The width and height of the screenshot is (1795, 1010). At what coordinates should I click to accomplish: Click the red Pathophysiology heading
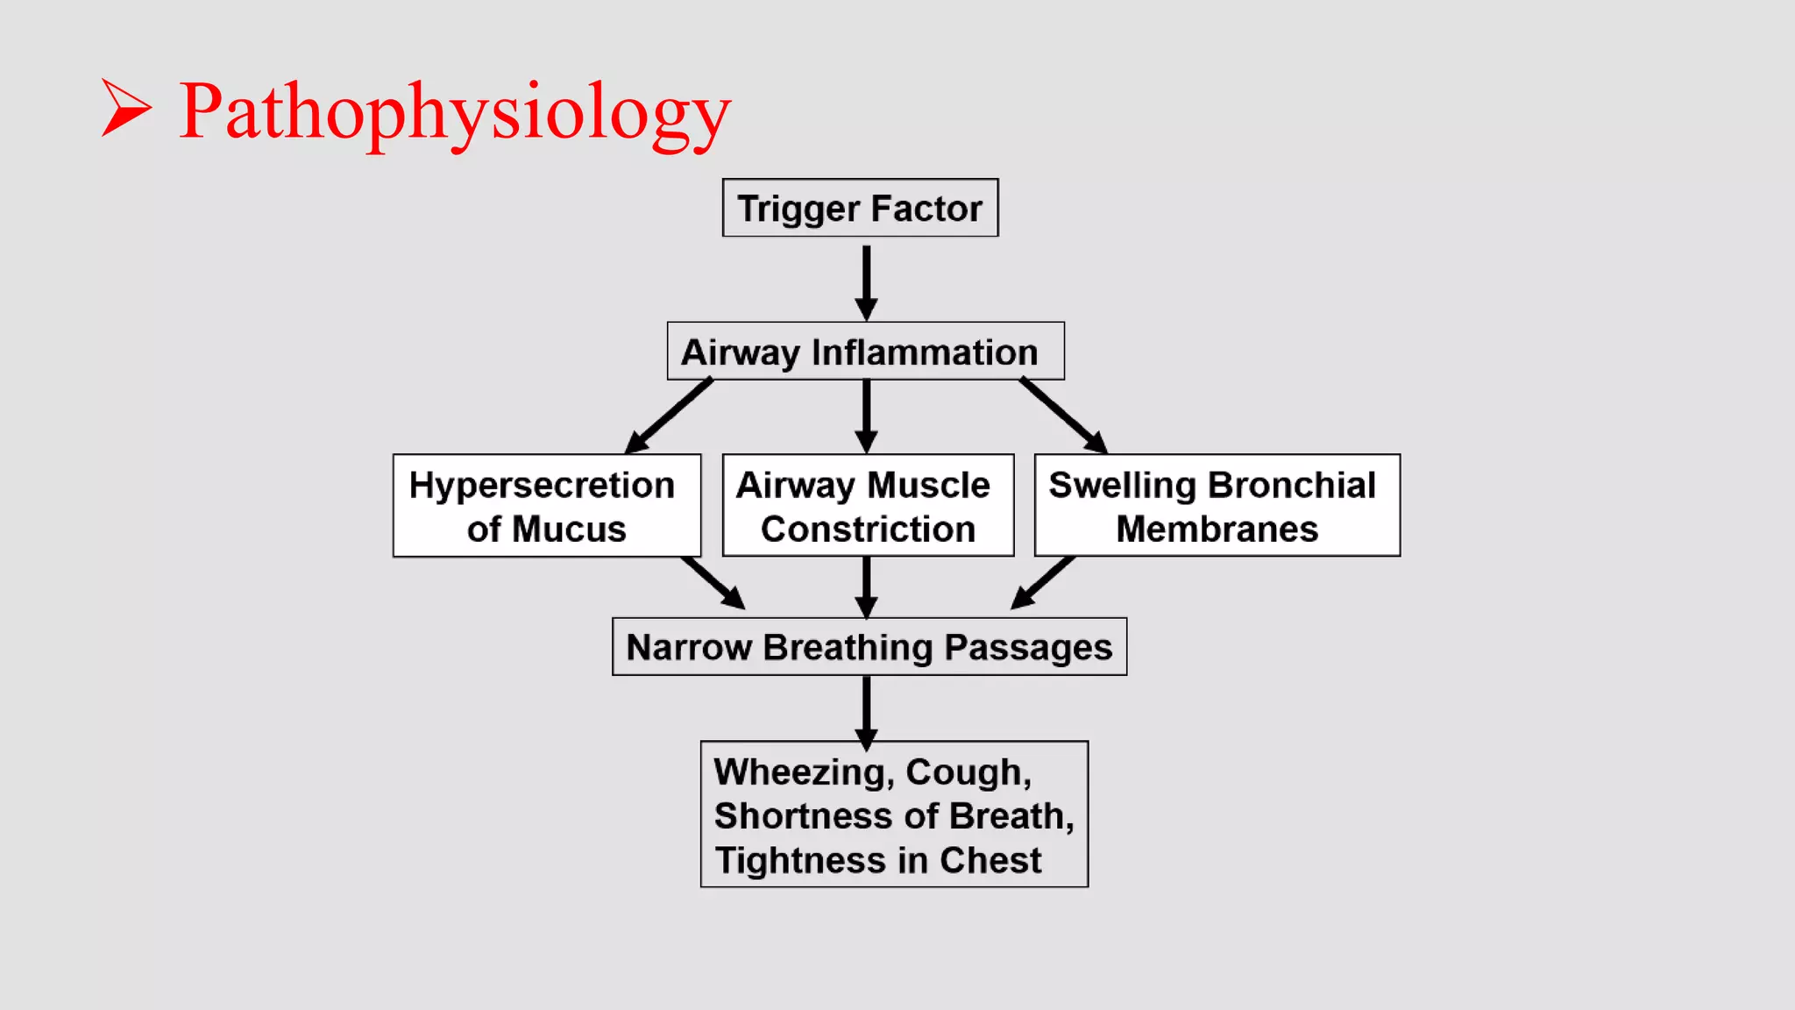coord(455,112)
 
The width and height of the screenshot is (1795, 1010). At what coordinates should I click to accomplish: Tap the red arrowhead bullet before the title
coord(126,108)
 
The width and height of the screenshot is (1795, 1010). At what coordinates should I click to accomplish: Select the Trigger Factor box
coord(860,208)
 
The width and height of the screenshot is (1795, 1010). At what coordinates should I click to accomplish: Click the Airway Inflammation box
coord(865,352)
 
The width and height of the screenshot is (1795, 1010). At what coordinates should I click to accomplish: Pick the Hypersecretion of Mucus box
coord(546,506)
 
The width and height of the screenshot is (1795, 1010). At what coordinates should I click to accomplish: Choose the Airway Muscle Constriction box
coord(868,506)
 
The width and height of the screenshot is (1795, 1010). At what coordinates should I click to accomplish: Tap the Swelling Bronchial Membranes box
coord(1217,506)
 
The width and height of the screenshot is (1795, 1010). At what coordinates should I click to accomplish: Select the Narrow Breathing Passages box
coord(869,647)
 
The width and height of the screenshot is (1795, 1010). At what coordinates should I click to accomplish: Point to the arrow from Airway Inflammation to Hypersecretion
coord(668,416)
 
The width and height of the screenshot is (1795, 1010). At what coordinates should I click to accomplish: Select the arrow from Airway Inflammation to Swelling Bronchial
coord(1063,416)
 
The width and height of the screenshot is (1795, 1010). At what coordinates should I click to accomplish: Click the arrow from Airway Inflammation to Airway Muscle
coord(866,416)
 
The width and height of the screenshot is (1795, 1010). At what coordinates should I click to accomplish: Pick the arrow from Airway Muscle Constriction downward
coord(866,587)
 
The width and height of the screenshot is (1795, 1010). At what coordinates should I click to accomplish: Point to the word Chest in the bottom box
coord(990,861)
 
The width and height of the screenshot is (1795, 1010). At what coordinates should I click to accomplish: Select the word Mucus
coord(569,530)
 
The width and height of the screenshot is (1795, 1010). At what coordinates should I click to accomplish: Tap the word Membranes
coord(1217,530)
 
